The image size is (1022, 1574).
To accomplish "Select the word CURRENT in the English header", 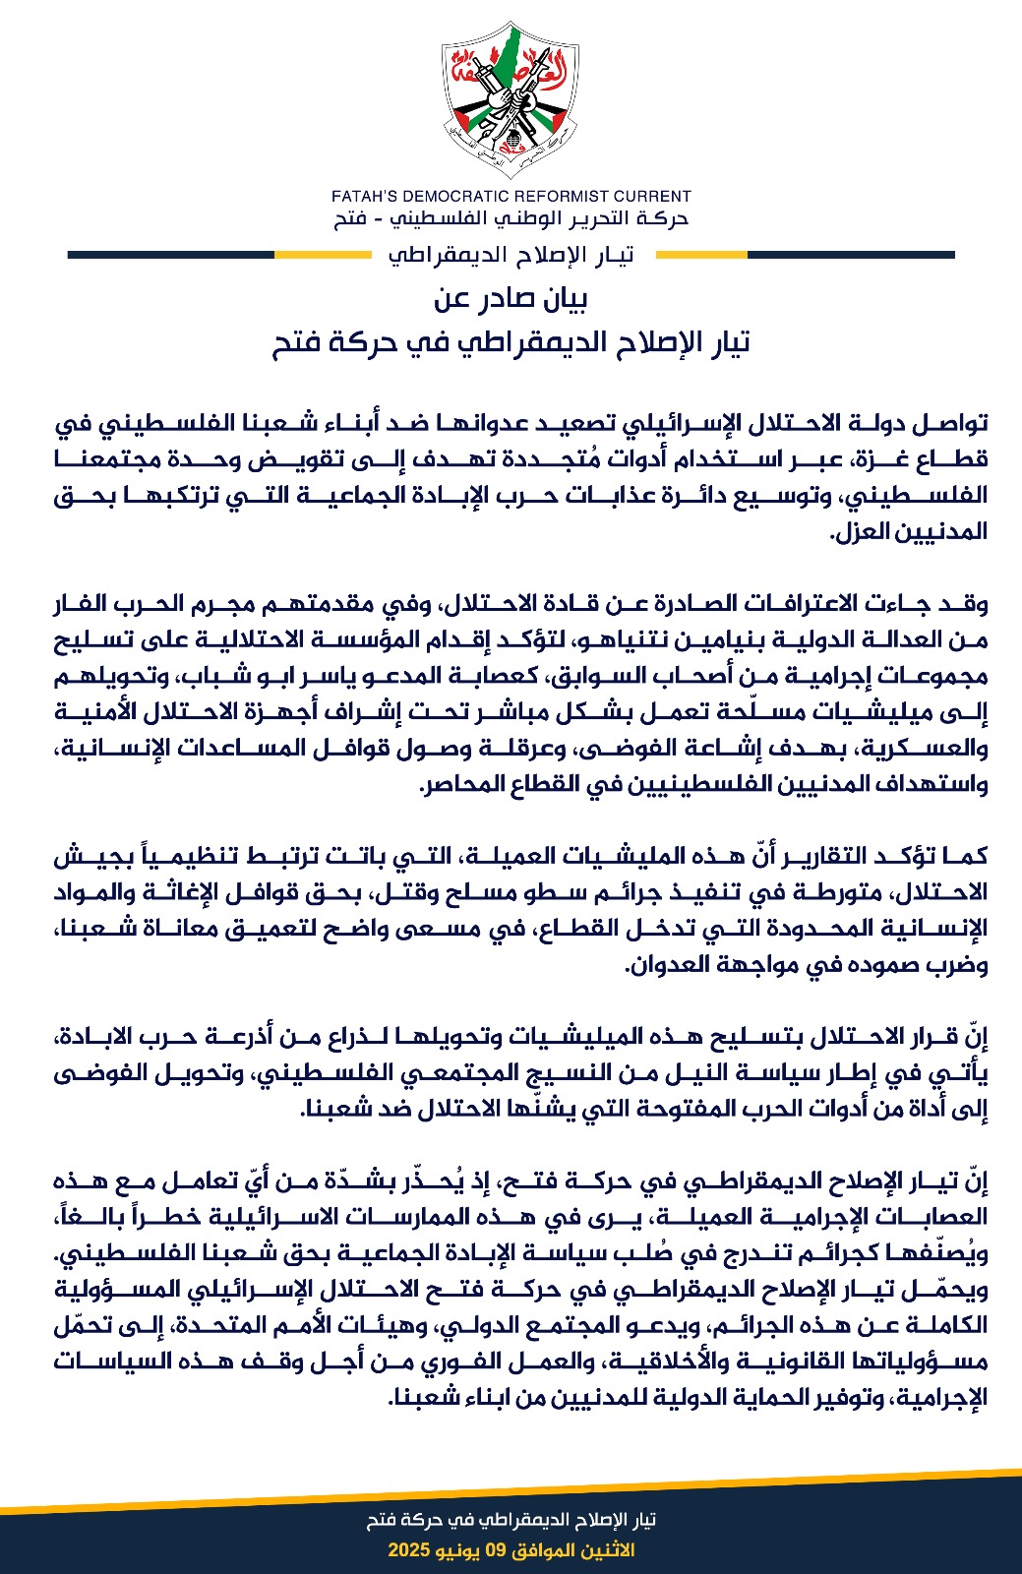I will pos(650,196).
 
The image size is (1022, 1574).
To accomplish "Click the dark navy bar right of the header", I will pos(851,255).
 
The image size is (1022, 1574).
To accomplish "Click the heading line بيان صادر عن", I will pos(511,298).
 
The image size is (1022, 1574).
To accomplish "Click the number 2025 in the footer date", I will pos(408,1550).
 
